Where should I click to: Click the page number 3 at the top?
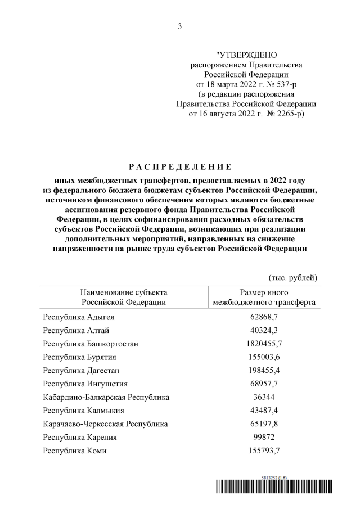tap(179, 26)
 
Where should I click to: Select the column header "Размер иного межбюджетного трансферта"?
tap(264, 297)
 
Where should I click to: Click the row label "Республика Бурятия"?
tap(80, 357)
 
